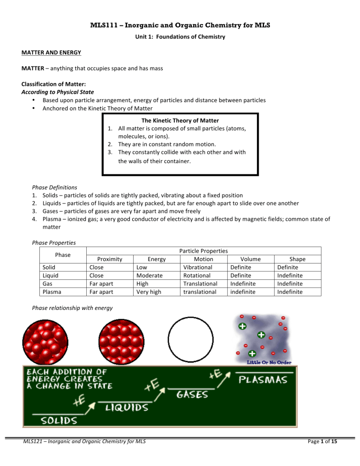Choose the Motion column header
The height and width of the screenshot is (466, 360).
click(x=203, y=259)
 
